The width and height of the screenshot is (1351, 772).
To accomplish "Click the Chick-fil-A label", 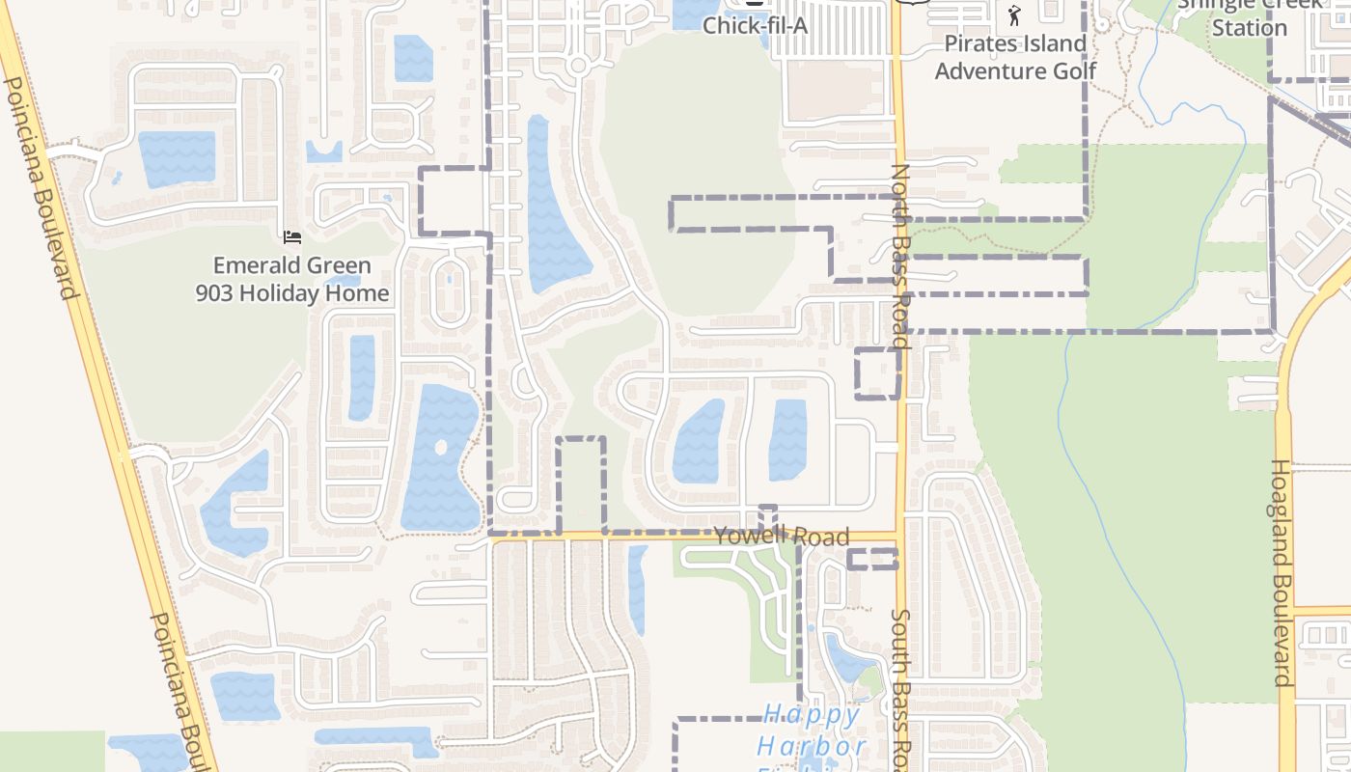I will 755,25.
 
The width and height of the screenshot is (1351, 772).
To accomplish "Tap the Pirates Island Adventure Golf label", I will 1015,57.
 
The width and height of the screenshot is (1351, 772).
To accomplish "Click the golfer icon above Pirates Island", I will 1013,14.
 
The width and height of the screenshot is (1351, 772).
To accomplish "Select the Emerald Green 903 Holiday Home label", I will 292,279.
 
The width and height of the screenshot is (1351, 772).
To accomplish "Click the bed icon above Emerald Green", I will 292,236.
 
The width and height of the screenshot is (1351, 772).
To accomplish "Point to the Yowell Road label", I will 782,537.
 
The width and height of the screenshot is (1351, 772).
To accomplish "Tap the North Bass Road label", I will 900,256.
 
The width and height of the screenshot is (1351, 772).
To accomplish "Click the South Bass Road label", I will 900,685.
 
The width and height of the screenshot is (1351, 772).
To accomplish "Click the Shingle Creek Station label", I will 1249,17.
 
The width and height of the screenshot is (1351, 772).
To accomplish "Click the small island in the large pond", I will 441,448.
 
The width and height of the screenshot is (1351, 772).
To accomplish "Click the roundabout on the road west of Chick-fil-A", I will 578,66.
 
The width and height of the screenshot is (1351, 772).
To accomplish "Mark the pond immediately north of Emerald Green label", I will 177,158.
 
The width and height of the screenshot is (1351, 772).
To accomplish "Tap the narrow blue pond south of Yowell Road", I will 638,589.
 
